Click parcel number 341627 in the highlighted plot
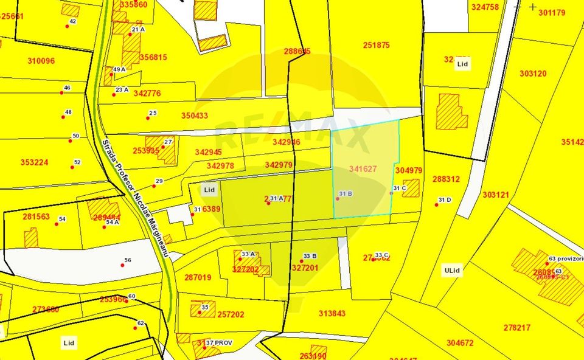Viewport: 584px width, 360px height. (363, 168)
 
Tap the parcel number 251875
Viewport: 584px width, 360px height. (376, 45)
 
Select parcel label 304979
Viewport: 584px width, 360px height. (408, 171)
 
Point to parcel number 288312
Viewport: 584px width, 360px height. (446, 179)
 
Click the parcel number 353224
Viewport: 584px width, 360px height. (34, 162)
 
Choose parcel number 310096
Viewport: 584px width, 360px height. (41, 61)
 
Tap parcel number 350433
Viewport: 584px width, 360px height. (194, 116)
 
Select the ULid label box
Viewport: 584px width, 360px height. (451, 270)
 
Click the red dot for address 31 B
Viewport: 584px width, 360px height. (338, 199)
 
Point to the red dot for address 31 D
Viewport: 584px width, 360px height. (437, 204)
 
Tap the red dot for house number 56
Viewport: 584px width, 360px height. (122, 265)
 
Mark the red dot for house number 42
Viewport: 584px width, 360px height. (68, 26)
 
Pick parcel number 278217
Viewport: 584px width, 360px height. (516, 327)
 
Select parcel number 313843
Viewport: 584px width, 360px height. (332, 313)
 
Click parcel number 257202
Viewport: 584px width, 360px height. (231, 314)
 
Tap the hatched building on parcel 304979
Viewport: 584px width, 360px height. (411, 188)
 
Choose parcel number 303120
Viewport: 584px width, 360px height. (533, 74)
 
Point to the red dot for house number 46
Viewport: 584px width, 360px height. (61, 93)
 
